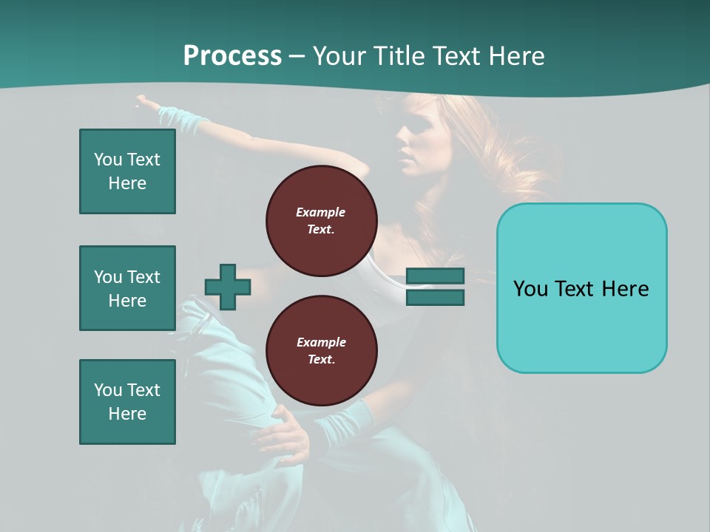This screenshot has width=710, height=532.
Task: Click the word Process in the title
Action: coord(232,55)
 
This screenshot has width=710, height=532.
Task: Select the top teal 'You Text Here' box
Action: coord(127,171)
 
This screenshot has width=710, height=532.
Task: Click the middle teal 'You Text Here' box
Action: coord(127,288)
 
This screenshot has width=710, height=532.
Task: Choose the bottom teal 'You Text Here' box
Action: coord(127,402)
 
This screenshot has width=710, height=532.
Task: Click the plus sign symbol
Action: coord(228,287)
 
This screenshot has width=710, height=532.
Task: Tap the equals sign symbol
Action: coord(435,287)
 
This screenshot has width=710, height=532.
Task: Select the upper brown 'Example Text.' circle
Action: coord(321,221)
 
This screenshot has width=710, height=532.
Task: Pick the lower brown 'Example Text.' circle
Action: coord(321,351)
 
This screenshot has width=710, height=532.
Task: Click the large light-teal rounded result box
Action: coord(581,288)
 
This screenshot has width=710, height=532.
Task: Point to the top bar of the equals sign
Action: coord(435,276)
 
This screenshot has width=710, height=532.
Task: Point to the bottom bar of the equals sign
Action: coord(435,297)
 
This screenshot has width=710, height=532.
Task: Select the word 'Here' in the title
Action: coord(518,55)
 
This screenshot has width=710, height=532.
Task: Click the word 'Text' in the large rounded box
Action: coord(582,288)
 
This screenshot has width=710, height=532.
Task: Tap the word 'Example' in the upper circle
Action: coord(321,212)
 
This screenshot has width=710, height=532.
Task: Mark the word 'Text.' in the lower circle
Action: coord(321,359)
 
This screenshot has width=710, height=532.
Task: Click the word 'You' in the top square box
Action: coord(106,160)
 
